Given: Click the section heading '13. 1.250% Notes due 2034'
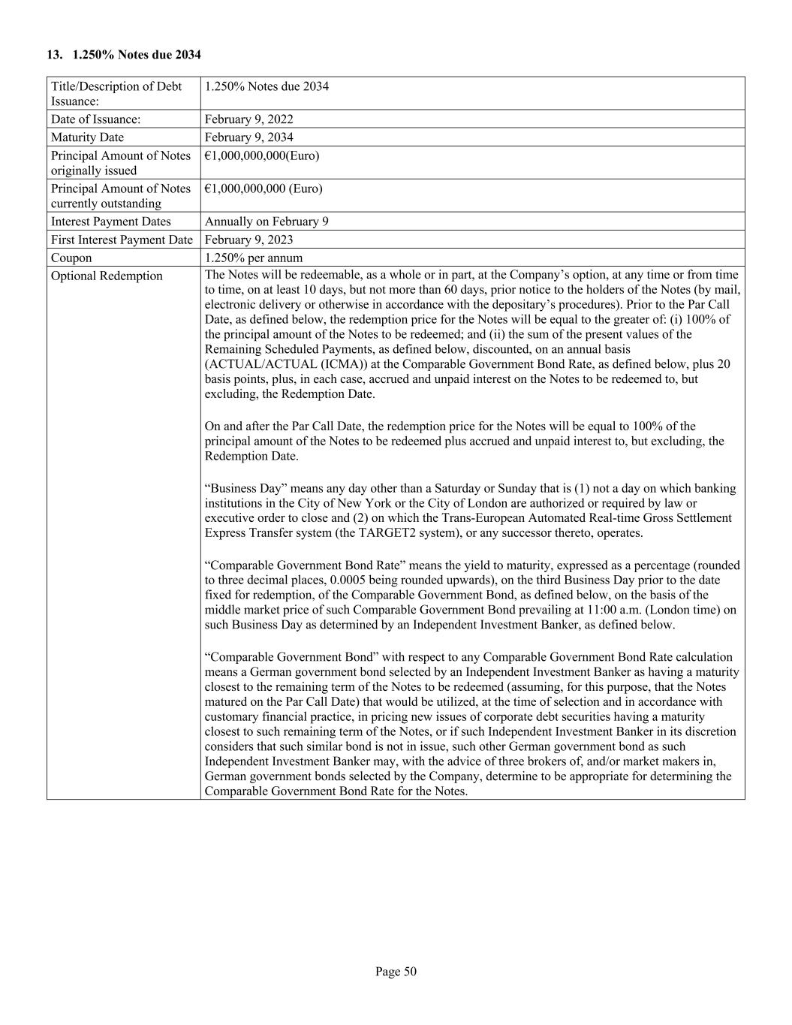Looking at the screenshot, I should coord(124,54).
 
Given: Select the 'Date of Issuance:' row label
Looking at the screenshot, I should coord(95,119).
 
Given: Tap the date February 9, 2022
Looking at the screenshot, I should coord(248,119).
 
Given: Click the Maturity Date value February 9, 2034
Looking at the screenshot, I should coord(248,137).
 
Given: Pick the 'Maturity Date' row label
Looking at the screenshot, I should coord(87,137).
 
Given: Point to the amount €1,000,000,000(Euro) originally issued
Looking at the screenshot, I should coord(262,155).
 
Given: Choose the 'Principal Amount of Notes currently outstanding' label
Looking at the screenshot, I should coord(121,196).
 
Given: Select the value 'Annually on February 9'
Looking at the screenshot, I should coord(267,222).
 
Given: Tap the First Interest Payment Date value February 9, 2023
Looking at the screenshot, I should coord(248,240).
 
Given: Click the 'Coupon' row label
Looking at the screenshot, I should coord(71,258).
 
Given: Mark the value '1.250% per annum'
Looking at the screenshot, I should coord(254,258).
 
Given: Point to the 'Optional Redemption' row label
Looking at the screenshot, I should coord(107,276).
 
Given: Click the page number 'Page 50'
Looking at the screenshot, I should coord(396,972).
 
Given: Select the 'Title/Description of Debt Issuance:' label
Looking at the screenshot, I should coord(116,93).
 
